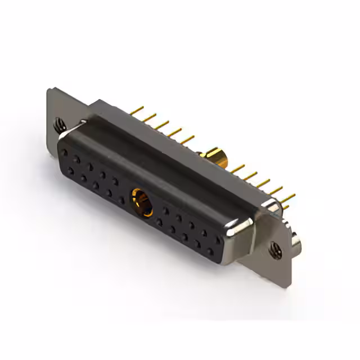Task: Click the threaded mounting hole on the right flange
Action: [x=274, y=247]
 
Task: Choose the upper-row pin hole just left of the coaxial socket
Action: [x=115, y=181]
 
